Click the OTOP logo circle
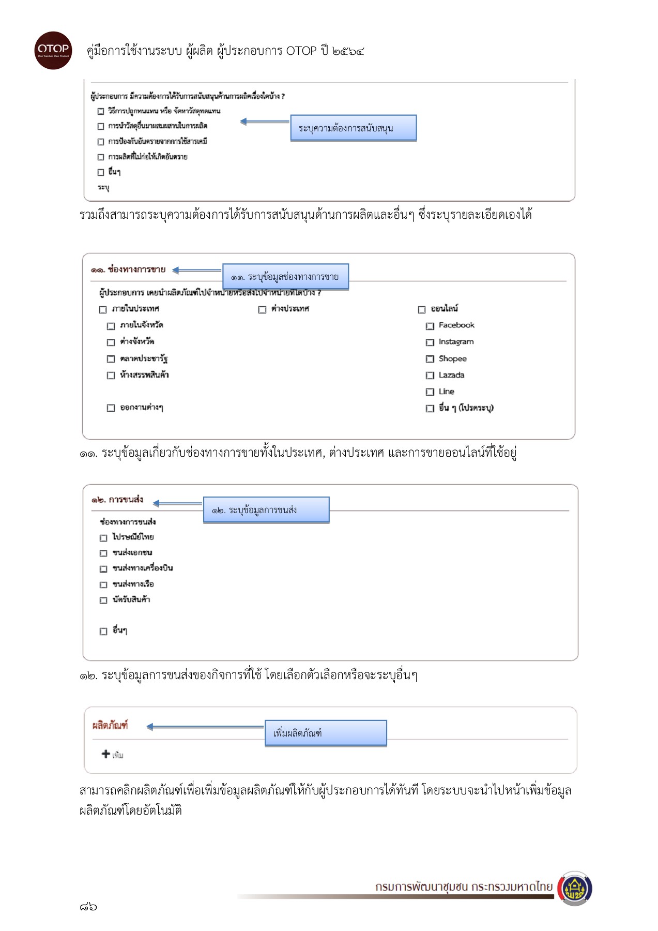point(53,50)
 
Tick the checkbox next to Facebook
point(430,326)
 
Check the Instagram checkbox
point(430,342)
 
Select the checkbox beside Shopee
point(430,359)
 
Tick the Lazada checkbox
point(430,376)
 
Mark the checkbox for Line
point(430,392)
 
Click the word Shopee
point(452,358)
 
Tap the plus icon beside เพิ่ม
point(106,754)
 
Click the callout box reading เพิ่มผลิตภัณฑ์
point(326,733)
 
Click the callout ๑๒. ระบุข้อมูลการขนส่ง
point(266,510)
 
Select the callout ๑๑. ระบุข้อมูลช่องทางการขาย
point(285,277)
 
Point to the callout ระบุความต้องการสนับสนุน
point(353,128)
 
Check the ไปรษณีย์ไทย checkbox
point(103,538)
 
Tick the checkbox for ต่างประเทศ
point(262,309)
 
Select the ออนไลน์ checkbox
point(421,309)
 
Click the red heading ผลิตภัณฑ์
point(110,725)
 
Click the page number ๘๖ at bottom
point(88,906)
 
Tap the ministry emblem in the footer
point(575,889)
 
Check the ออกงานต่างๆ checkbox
point(111,408)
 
